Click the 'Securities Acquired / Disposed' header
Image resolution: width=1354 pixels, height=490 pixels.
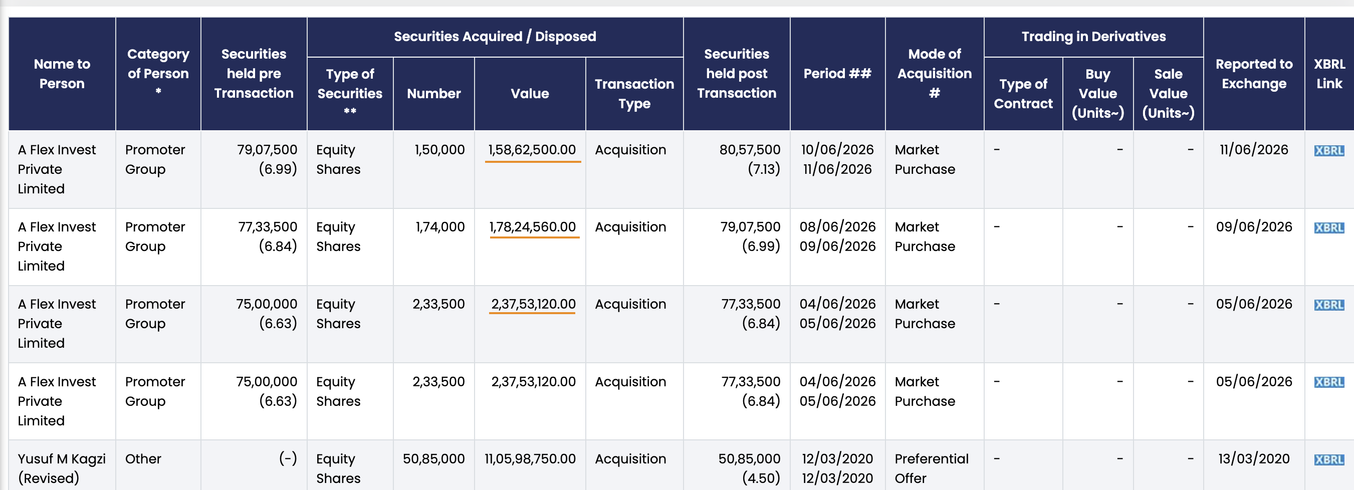tap(495, 36)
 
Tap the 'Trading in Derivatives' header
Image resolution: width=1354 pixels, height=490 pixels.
tap(1093, 36)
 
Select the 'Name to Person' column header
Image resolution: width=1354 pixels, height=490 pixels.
tap(62, 74)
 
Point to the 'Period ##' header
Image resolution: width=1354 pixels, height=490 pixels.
tap(837, 74)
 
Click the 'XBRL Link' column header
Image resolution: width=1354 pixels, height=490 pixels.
tap(1329, 74)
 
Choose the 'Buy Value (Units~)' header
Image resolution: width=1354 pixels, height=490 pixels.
tap(1097, 94)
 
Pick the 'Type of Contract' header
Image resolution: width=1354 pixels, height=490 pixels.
tap(1023, 94)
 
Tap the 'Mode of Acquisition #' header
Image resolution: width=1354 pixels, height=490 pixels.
tap(934, 74)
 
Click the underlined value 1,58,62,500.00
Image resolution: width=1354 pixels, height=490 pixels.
tap(532, 150)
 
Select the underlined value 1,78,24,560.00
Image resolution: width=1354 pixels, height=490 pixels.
tap(533, 227)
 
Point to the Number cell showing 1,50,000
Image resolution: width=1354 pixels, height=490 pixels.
tap(439, 150)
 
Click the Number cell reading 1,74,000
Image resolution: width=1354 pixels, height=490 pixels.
tap(440, 227)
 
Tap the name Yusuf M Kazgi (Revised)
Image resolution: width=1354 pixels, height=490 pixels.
tap(62, 468)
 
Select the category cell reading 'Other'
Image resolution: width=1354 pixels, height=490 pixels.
tap(143, 459)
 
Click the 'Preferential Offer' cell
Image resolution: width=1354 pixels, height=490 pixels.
tap(932, 468)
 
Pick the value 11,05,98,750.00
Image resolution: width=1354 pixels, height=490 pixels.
tap(530, 459)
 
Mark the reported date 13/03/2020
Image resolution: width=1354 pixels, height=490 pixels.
tap(1254, 459)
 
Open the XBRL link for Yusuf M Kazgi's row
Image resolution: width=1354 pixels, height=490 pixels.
tap(1329, 460)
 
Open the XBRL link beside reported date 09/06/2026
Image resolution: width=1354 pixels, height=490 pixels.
tap(1329, 227)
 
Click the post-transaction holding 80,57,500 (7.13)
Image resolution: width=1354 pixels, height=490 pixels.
tap(750, 159)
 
